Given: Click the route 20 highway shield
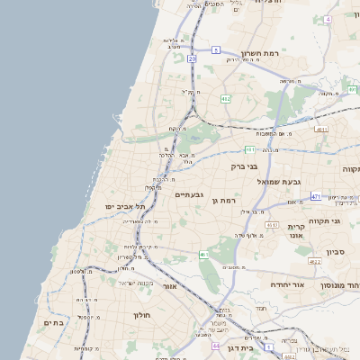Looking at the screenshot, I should pos(193,58).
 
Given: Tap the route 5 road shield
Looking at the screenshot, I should pos(216,50).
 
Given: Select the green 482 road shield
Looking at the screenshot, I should pos(226,98).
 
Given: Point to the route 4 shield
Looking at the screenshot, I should pos(328,19).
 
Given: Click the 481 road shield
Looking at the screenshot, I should pos(249,149).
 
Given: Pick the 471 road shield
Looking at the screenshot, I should pos(316,195).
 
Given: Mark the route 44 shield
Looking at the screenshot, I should pos(216,345).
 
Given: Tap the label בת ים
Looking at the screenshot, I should pos(53,322).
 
